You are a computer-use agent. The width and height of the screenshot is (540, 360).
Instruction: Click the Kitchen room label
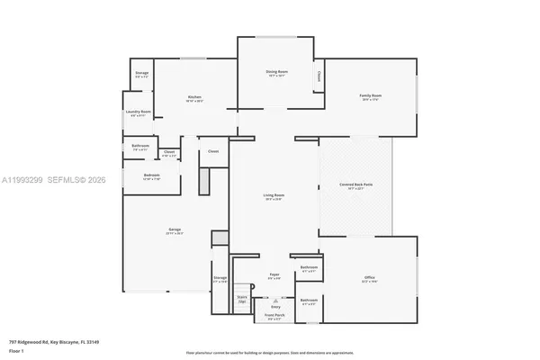pyautogui.click(x=194, y=97)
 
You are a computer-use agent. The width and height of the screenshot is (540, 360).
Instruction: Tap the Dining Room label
pyautogui.click(x=276, y=72)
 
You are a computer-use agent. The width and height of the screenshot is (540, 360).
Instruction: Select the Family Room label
pyautogui.click(x=371, y=96)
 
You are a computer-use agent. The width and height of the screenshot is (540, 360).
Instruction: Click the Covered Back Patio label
pyautogui.click(x=355, y=186)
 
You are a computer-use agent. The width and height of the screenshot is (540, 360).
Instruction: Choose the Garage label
pyautogui.click(x=175, y=230)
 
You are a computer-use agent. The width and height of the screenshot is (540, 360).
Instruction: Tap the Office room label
pyautogui.click(x=369, y=277)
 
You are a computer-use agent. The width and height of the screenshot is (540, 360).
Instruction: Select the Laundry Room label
pyautogui.click(x=139, y=112)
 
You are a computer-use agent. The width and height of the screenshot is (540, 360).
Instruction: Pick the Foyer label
pyautogui.click(x=275, y=274)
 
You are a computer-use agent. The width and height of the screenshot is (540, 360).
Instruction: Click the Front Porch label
pyautogui.click(x=276, y=316)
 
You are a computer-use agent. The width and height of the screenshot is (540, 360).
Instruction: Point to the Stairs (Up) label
pyautogui.click(x=242, y=298)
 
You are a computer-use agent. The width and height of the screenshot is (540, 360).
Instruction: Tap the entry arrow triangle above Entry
pyautogui.click(x=275, y=300)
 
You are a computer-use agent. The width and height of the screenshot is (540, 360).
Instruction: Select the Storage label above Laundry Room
pyautogui.click(x=141, y=73)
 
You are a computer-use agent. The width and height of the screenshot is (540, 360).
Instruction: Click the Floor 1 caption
pyautogui.click(x=16, y=351)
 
